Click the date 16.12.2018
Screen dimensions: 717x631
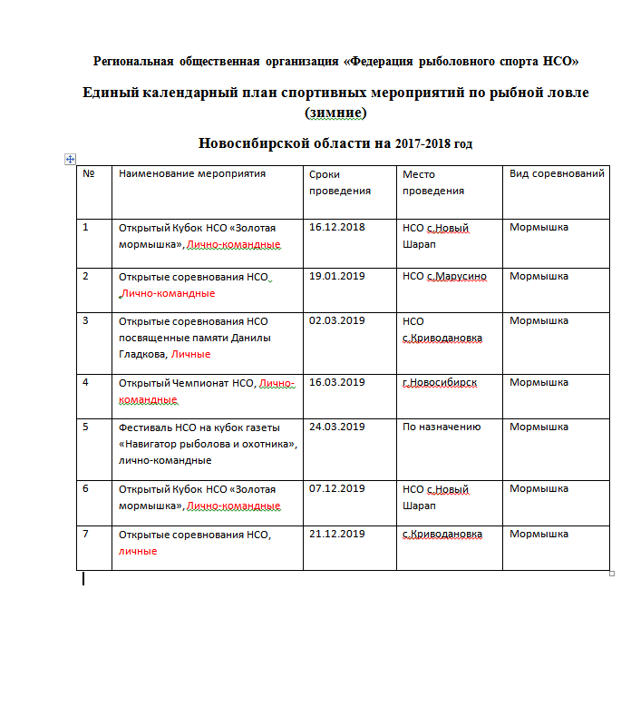pyautogui.click(x=336, y=227)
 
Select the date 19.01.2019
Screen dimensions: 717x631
pyautogui.click(x=336, y=276)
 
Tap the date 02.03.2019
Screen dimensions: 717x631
pyautogui.click(x=336, y=320)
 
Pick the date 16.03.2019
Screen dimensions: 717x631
pyautogui.click(x=336, y=382)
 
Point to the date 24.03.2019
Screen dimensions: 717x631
pyautogui.click(x=336, y=427)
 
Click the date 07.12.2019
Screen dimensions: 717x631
pyautogui.click(x=336, y=488)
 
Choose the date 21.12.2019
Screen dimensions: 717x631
pyautogui.click(x=336, y=534)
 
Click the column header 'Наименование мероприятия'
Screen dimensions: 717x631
pyautogui.click(x=192, y=173)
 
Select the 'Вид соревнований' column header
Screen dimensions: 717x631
pyautogui.click(x=557, y=173)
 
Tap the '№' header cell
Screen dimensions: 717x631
pyautogui.click(x=89, y=173)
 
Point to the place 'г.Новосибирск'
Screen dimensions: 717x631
pyautogui.click(x=440, y=382)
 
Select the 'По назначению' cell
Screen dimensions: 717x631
pyautogui.click(x=442, y=427)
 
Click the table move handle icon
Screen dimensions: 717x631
pyautogui.click(x=70, y=159)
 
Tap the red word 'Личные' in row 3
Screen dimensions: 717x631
pyautogui.click(x=190, y=354)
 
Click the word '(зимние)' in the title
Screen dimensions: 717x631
pyautogui.click(x=336, y=113)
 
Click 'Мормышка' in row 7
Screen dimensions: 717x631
pyautogui.click(x=539, y=534)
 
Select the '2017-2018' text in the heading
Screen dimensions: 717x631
pyautogui.click(x=414, y=143)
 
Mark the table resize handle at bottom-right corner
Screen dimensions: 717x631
pyautogui.click(x=612, y=573)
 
